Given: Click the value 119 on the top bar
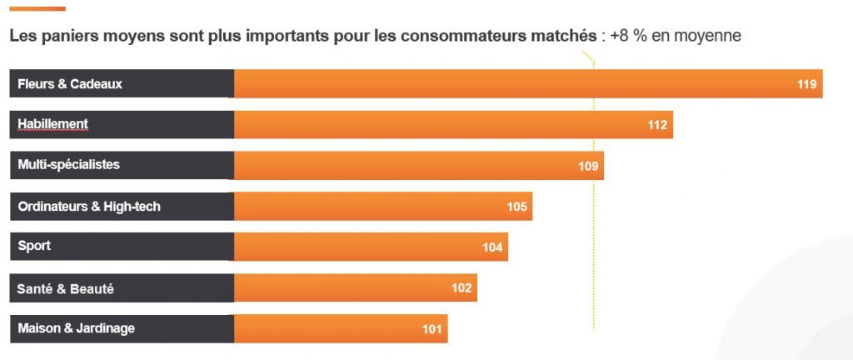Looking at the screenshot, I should point(806,84).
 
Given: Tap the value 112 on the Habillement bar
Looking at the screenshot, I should point(657,125).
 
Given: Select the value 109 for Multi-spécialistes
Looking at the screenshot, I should point(588,166).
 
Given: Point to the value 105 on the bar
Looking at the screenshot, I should point(516,207).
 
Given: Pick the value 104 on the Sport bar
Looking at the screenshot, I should point(492,247).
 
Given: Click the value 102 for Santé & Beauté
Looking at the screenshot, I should point(461,288).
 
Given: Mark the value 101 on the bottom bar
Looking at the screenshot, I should point(431,329).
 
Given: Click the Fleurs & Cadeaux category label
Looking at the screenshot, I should point(70,84).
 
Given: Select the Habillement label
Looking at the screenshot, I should point(52,124).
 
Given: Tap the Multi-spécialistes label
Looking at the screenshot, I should point(69,165).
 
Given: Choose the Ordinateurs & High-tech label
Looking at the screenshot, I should point(89,207).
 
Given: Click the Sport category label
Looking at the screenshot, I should point(34,247).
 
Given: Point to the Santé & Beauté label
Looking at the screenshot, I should point(66,288).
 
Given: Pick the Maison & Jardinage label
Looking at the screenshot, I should point(77,329).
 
